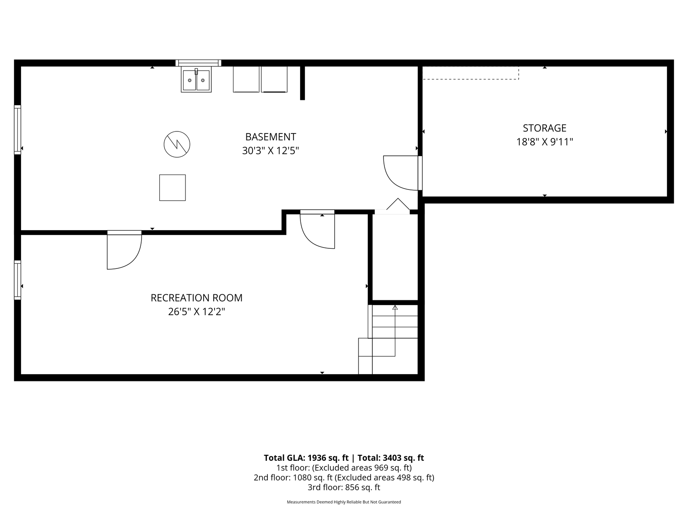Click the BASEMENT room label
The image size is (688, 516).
point(271,137)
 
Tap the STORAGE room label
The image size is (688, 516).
point(544,128)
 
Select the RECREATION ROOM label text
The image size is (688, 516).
point(196,298)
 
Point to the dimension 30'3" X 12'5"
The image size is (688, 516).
point(271,151)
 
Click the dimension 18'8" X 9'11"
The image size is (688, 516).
point(544,142)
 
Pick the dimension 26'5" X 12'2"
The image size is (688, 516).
point(196,312)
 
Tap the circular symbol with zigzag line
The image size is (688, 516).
point(177,144)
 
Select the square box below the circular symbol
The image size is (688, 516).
point(172,187)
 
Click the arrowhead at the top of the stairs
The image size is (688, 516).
point(395,308)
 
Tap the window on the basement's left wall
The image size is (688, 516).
point(17,130)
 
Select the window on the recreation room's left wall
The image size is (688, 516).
point(17,280)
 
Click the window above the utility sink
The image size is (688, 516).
point(198,63)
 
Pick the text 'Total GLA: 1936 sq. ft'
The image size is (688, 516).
point(306,458)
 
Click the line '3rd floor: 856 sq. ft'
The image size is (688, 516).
point(344,487)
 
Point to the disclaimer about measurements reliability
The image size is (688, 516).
point(344,502)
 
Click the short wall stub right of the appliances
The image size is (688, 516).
point(302,83)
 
